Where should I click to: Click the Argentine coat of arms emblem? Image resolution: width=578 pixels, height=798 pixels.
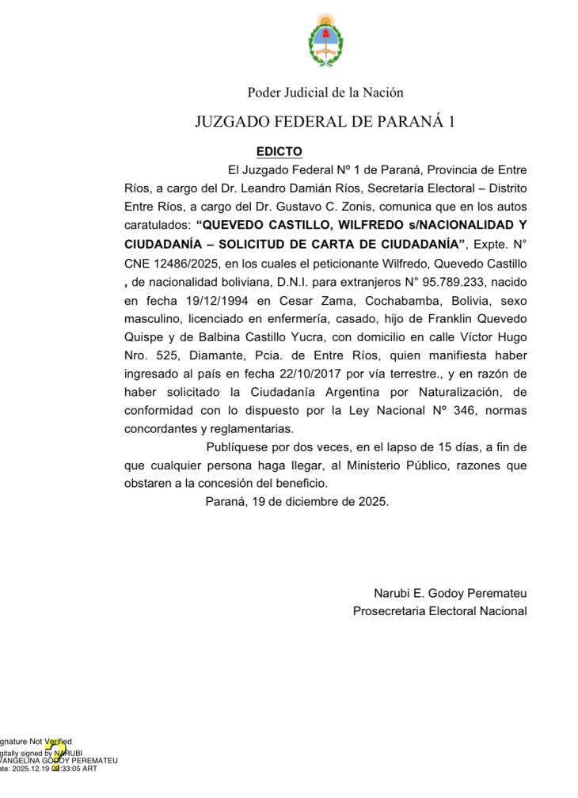click(325, 42)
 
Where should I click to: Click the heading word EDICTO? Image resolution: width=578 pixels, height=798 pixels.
click(279, 151)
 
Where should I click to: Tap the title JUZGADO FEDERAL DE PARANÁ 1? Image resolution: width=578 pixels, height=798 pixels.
click(325, 122)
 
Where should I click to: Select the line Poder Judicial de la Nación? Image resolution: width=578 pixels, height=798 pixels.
click(325, 93)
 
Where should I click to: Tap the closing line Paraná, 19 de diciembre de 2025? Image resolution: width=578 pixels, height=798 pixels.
click(297, 502)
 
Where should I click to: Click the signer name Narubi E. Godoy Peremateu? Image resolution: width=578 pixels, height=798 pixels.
click(450, 593)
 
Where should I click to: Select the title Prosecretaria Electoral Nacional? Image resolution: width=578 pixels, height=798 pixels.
click(439, 610)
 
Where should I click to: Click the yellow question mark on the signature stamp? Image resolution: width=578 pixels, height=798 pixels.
click(55, 753)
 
